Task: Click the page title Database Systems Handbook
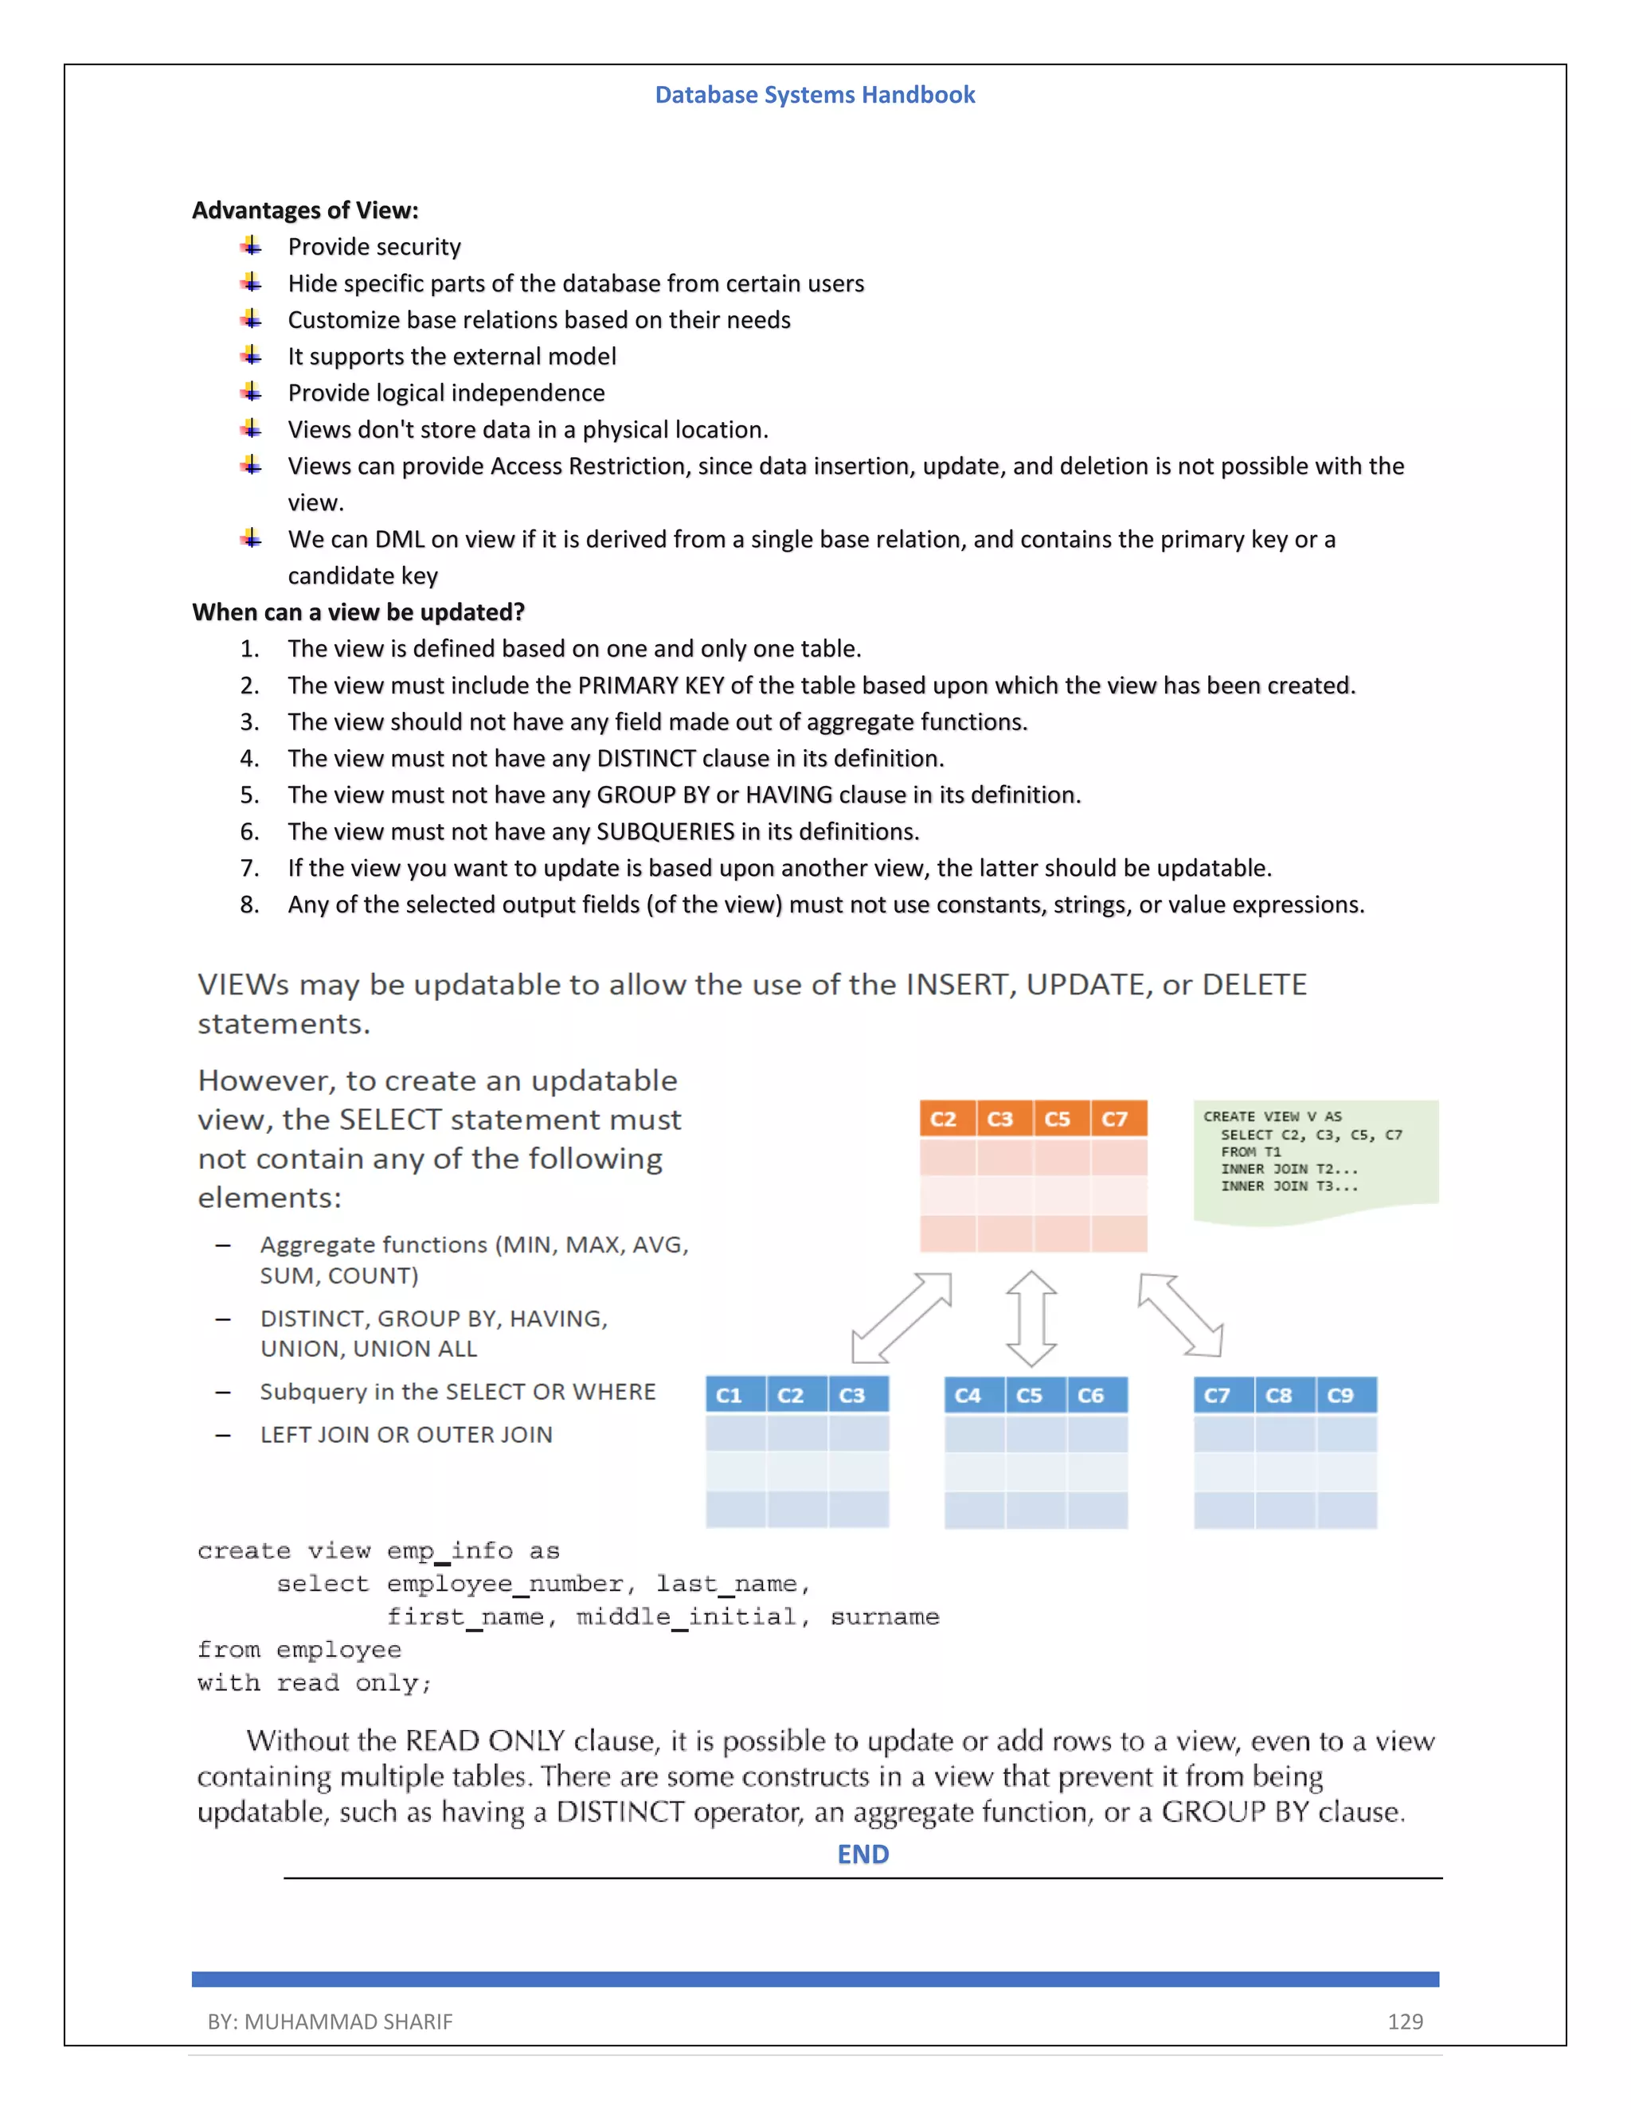click(815, 95)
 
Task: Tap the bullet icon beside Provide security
click(251, 246)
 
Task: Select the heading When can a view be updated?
click(358, 612)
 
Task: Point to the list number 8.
click(249, 905)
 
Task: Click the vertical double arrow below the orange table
click(1031, 1318)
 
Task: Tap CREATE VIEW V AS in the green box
click(1272, 1116)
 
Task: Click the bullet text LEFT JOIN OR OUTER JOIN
click(406, 1435)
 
